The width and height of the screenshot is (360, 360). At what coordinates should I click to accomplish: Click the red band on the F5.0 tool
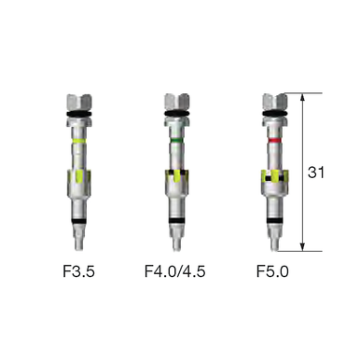[x=274, y=141]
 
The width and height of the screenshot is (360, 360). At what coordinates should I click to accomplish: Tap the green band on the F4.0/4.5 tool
[x=176, y=141]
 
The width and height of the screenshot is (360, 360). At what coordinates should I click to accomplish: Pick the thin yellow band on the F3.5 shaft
[x=79, y=141]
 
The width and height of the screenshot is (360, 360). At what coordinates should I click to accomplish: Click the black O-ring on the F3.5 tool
[x=79, y=115]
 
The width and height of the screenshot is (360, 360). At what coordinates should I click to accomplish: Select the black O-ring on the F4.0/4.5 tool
[x=176, y=115]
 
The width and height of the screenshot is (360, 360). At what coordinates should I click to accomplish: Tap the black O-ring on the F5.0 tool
[x=274, y=115]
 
